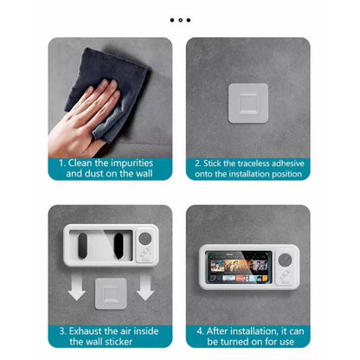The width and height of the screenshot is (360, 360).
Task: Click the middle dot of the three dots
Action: tap(180, 19)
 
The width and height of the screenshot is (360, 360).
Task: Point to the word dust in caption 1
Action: tap(100, 174)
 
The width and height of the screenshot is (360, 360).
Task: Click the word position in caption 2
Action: tap(283, 174)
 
